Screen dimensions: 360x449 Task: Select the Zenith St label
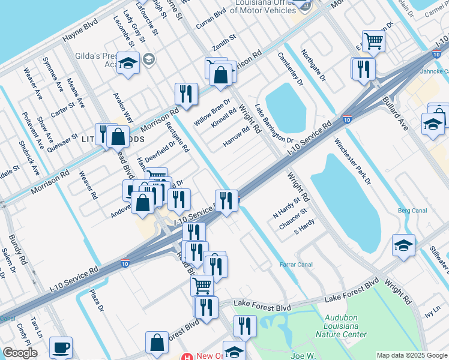coord(224,42)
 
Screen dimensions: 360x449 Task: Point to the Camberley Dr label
coord(291,69)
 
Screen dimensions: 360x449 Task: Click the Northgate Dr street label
coord(313,66)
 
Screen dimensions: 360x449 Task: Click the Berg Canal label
coord(412,211)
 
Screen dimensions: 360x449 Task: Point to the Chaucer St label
coord(293,219)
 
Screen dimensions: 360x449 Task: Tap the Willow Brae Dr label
coord(212,113)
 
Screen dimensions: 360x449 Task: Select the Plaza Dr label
coord(97,300)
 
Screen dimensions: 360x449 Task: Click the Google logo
coord(20,353)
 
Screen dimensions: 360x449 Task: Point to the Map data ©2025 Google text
coord(412,355)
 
